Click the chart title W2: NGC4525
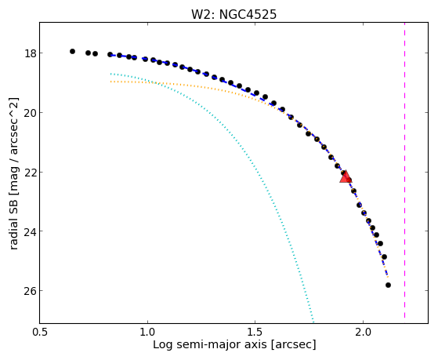pos(233,14)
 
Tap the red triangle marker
pos(346,177)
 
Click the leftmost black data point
pos(72,51)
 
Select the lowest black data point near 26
pos(388,285)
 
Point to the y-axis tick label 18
pos(29,53)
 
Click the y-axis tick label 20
pos(29,113)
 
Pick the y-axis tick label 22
pos(29,172)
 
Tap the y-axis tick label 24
pos(29,231)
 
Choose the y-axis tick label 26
pos(29,291)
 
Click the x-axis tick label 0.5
pos(40,332)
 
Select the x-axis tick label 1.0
pos(147,332)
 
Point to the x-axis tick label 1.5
pos(255,332)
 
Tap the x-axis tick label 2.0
pos(363,332)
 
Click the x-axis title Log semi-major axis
pos(209,345)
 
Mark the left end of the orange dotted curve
pos(111,82)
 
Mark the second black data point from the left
pos(89,53)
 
